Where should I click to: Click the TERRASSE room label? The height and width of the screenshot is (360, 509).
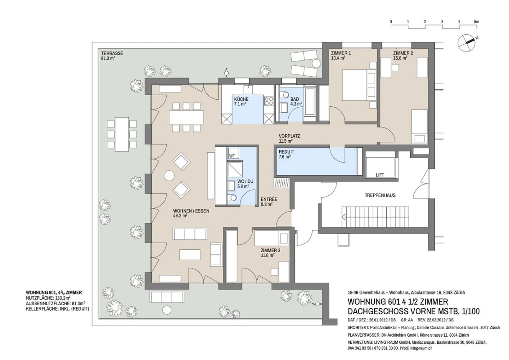112,53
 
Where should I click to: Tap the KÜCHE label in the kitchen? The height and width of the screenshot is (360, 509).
241,99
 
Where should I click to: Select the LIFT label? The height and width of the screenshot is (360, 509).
380,175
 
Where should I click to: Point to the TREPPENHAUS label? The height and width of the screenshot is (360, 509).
380,195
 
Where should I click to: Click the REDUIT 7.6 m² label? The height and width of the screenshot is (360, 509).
286,154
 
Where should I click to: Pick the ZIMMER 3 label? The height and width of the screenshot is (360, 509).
270,250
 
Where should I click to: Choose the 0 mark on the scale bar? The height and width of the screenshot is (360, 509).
391,22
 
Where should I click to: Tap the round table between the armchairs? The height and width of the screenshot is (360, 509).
169,176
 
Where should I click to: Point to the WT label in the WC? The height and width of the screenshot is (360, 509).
232,156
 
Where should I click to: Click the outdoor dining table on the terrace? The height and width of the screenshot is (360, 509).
122,134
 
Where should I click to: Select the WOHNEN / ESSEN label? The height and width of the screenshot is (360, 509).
191,211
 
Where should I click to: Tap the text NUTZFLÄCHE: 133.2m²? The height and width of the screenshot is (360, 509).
48,298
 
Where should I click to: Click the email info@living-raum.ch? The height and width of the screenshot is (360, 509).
416,348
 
